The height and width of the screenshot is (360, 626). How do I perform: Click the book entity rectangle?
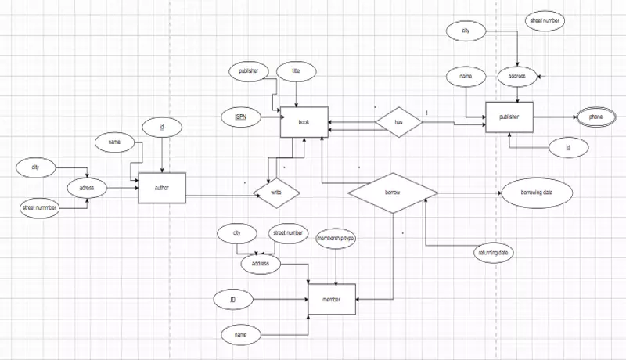(x=304, y=122)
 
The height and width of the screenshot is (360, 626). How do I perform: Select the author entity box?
(x=160, y=189)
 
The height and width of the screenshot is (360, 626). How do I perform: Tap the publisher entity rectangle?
(x=509, y=117)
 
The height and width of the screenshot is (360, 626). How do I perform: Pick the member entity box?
(x=334, y=300)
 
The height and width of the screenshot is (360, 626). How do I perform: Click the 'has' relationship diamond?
(x=398, y=122)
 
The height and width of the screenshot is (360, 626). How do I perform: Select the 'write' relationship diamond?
(x=276, y=191)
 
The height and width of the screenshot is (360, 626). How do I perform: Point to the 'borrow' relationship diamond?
(x=392, y=191)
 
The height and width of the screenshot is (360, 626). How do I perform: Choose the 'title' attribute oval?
(x=296, y=70)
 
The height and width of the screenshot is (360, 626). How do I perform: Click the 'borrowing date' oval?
(x=537, y=193)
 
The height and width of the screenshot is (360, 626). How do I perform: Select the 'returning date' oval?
(x=495, y=254)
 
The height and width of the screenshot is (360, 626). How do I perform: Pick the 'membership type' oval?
(x=336, y=238)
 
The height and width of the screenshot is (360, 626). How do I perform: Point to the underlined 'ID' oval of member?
(x=233, y=299)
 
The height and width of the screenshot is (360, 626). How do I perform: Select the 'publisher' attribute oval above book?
(x=249, y=71)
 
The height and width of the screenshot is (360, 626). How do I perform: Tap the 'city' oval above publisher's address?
(x=466, y=31)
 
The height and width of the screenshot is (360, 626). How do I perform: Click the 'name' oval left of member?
(x=241, y=333)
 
